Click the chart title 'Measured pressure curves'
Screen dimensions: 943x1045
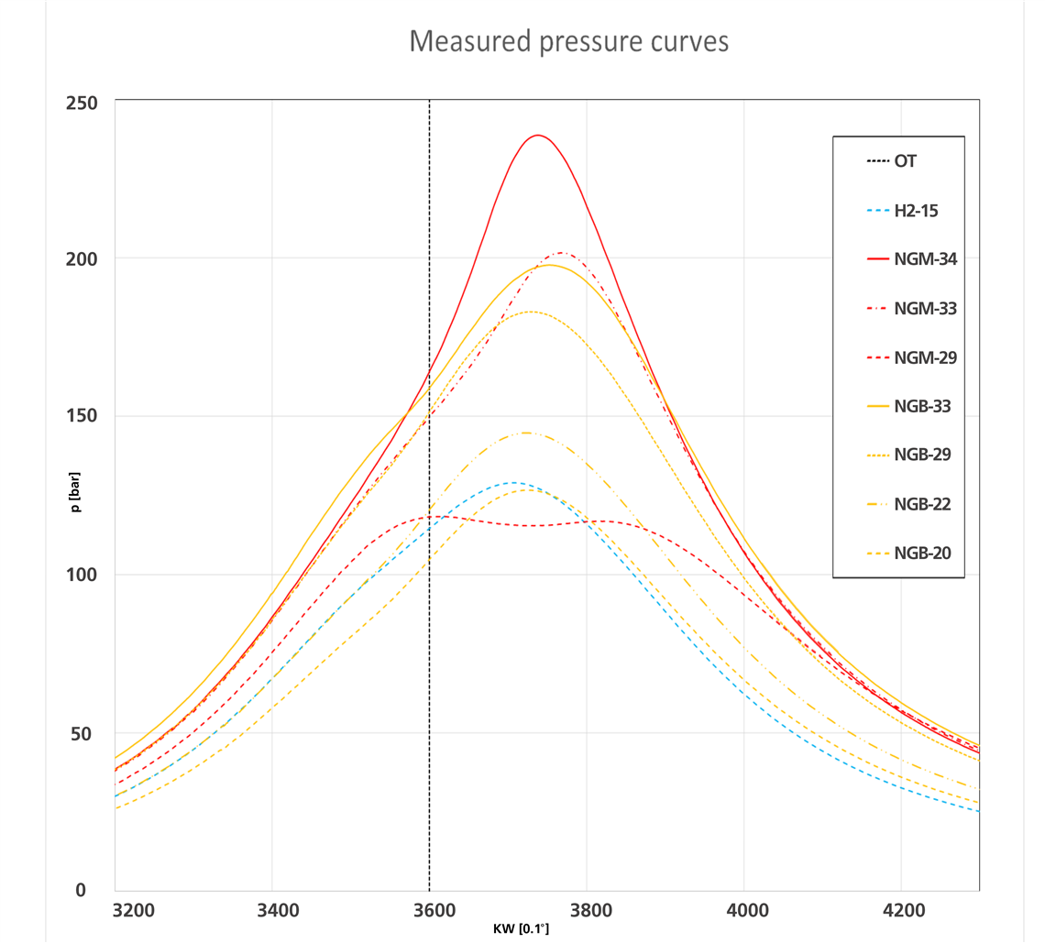click(x=568, y=41)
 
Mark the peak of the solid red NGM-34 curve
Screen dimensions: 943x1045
click(x=537, y=136)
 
